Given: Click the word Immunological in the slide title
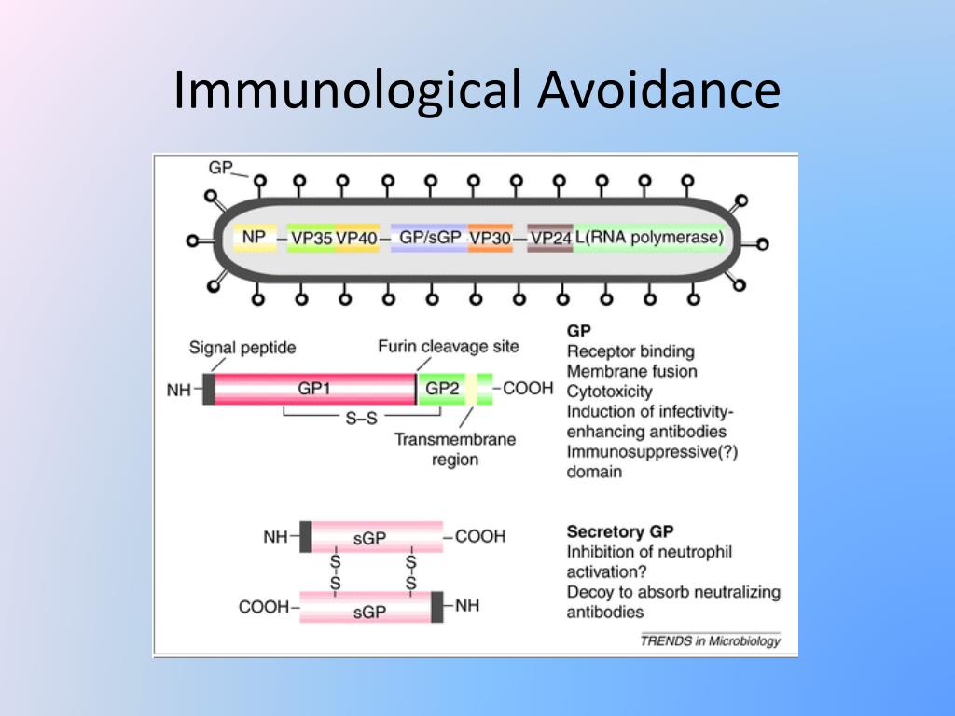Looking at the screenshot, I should click(344, 91).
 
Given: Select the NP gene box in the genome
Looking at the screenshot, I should click(254, 238).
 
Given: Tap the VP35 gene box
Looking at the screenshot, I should click(311, 239).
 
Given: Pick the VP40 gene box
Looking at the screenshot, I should click(356, 239).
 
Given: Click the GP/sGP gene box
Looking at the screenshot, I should click(430, 238).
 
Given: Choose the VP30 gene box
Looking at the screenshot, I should click(490, 239).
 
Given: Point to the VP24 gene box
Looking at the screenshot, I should click(549, 239).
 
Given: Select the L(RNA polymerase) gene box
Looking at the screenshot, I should click(648, 238).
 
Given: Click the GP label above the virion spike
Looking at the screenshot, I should click(220, 168).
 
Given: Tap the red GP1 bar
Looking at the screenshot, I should click(314, 389).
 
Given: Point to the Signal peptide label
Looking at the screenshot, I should click(242, 348).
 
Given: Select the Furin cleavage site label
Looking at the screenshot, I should click(449, 347).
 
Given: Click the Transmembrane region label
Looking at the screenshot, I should click(455, 449).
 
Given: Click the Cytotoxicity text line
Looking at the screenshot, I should click(609, 392).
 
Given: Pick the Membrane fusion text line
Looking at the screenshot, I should click(631, 372).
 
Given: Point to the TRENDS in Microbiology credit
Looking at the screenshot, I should click(710, 640).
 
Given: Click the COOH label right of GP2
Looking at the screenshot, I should click(528, 388).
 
